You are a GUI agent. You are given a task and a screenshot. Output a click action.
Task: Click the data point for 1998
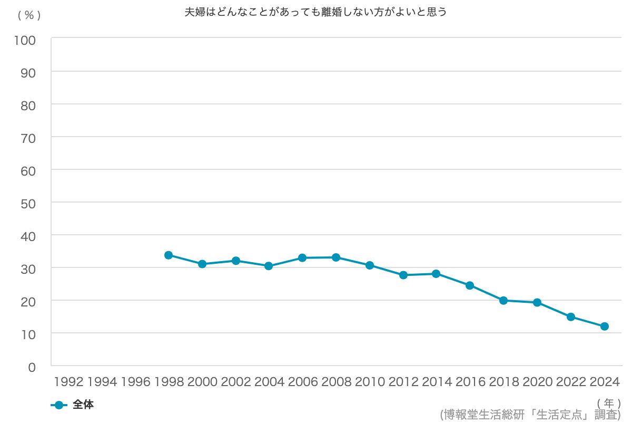[x=169, y=255]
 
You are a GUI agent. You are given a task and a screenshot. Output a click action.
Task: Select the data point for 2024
[x=605, y=327]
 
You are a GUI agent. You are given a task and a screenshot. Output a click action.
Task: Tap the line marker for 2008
[x=336, y=257]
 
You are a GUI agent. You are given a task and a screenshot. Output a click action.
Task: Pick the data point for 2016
[x=470, y=285]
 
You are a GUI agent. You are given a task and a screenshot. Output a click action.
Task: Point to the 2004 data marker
[x=269, y=266]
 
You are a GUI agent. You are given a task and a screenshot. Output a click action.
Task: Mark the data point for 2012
[x=403, y=275]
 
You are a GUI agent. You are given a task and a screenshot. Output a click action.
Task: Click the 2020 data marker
[x=537, y=302]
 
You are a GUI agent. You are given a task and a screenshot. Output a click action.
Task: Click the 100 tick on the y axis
[x=25, y=40]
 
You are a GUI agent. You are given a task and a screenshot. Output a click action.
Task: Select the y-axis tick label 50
[x=28, y=203]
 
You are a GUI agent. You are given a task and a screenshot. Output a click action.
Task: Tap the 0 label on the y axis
[x=32, y=367]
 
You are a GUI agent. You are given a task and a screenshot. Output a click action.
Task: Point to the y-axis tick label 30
[x=28, y=268]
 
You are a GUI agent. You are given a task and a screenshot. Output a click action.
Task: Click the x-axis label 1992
[x=68, y=382]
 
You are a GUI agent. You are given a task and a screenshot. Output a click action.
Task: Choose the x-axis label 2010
[x=370, y=382]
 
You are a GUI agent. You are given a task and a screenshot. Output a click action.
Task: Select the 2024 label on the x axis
[x=604, y=382]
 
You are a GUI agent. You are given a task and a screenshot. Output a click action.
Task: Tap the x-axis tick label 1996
[x=135, y=382]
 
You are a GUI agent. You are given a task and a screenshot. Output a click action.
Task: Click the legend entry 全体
[x=83, y=405]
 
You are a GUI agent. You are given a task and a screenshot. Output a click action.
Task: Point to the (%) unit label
[x=29, y=15]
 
